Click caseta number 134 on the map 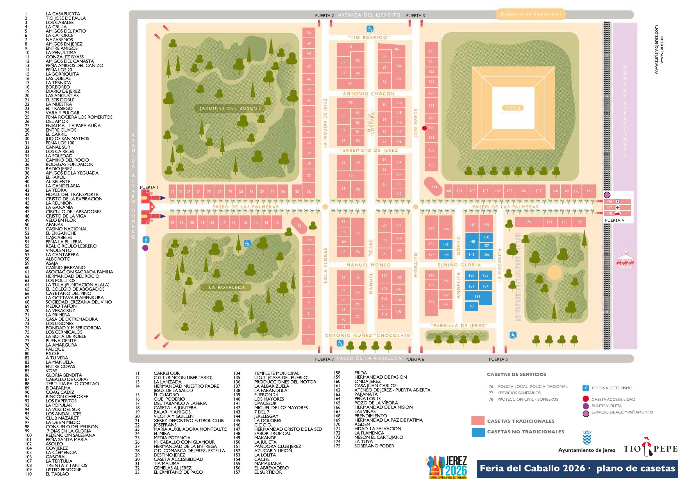(x=434, y=187)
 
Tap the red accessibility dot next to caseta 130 (x=424, y=128)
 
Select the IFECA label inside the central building (x=513, y=108)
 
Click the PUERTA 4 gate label (x=614, y=220)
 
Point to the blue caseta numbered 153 (x=478, y=296)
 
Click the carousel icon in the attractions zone (x=625, y=259)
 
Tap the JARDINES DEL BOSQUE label (x=230, y=108)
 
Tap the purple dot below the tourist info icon (x=145, y=248)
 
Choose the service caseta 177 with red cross (x=617, y=207)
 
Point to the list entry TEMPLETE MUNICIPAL (x=276, y=373)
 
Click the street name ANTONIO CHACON (x=369, y=94)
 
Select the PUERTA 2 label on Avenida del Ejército (x=324, y=16)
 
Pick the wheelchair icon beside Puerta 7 (x=340, y=343)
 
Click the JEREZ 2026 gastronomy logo (x=448, y=467)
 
